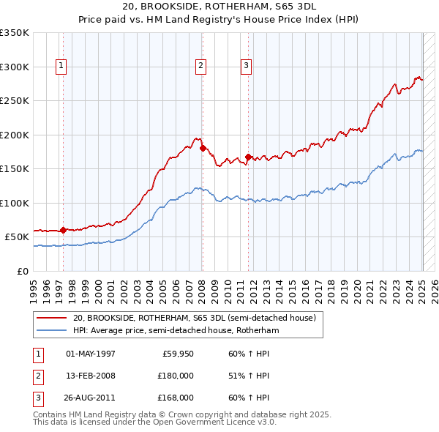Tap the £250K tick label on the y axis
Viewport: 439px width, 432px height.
point(15,101)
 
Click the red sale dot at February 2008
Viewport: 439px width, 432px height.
point(203,149)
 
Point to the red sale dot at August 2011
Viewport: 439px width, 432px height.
point(249,157)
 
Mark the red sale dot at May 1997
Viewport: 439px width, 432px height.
point(64,230)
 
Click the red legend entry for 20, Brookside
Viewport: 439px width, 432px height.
point(194,318)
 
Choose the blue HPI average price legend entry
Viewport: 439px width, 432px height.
point(176,331)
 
